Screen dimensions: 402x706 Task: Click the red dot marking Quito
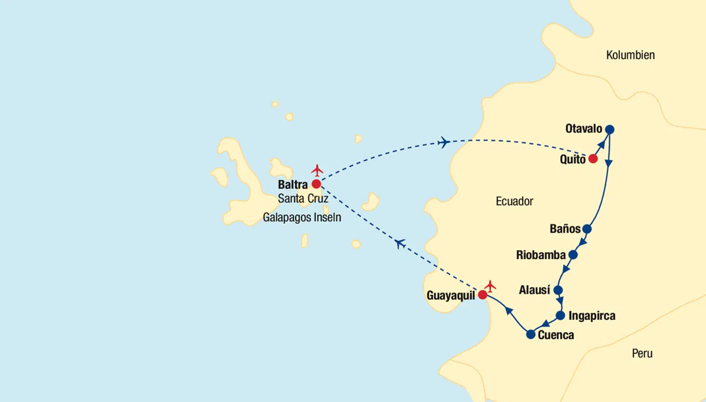click(x=593, y=159)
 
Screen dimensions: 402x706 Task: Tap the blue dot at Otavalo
click(x=609, y=129)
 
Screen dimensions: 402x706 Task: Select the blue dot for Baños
click(x=587, y=229)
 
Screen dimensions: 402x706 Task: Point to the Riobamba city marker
click(x=573, y=255)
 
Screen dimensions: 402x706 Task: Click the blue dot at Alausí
click(x=557, y=290)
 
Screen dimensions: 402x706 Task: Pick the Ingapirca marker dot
click(x=560, y=316)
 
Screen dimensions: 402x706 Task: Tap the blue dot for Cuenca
click(x=530, y=335)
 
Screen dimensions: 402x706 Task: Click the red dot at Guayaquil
click(x=482, y=295)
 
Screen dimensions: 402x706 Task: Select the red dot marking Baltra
click(x=316, y=184)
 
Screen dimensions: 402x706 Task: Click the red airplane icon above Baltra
click(x=317, y=171)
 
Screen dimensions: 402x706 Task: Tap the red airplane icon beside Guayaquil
click(x=490, y=286)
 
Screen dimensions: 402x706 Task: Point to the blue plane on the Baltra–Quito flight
click(x=444, y=143)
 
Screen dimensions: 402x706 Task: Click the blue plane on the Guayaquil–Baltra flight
click(x=400, y=243)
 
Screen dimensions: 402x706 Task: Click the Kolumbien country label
click(x=630, y=55)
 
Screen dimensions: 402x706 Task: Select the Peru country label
click(x=642, y=353)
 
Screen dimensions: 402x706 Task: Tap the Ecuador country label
click(x=514, y=201)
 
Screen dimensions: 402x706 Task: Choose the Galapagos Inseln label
click(x=302, y=217)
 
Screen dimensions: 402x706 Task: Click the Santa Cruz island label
click(x=303, y=199)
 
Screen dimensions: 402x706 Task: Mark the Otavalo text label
click(x=583, y=129)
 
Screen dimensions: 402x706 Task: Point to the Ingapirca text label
click(x=592, y=316)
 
